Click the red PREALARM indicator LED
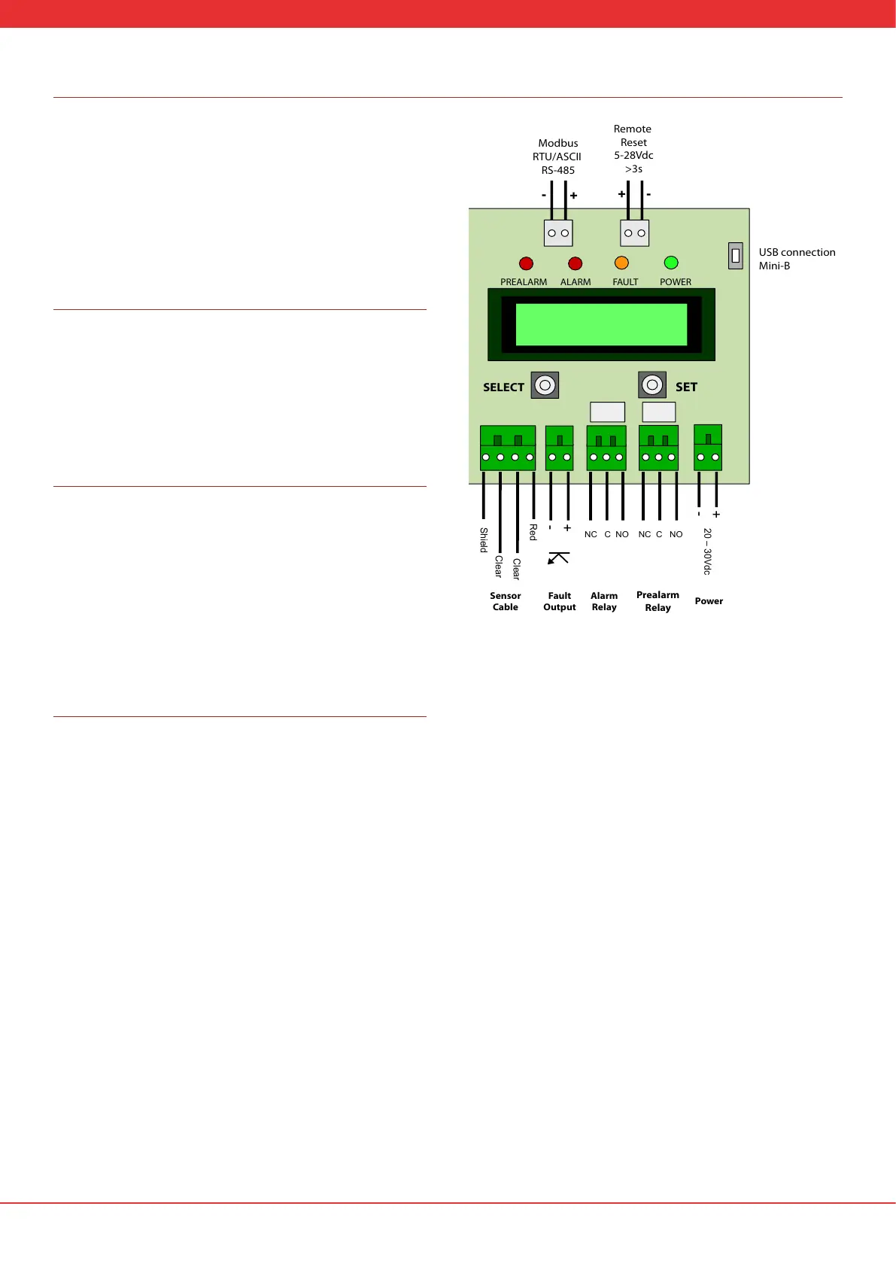(526, 263)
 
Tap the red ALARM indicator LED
(575, 263)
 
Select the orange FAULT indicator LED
(621, 263)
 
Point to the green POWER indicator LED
(671, 263)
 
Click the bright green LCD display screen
(601, 324)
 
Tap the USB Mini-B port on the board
(736, 256)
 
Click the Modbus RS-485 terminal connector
(558, 233)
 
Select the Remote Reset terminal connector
(634, 233)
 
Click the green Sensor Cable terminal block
(508, 448)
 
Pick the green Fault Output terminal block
(559, 448)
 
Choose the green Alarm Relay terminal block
(606, 448)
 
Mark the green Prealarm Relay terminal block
(658, 448)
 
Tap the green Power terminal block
(708, 448)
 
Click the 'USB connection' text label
(797, 253)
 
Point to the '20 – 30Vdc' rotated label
(707, 551)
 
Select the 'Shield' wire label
(484, 539)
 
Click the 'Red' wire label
(533, 532)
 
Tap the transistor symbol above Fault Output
(558, 558)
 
